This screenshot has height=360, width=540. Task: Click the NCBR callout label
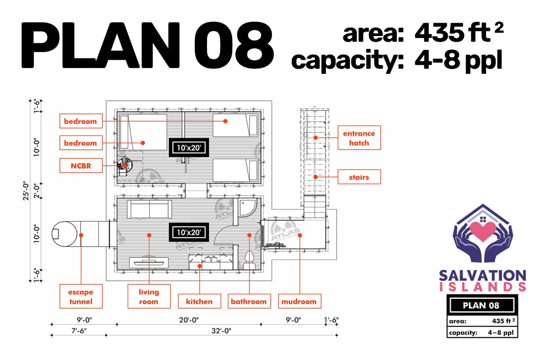coord(81,166)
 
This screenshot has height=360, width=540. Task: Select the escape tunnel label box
coord(81,297)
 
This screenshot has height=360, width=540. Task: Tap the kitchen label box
coord(200,301)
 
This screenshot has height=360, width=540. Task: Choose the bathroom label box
coord(249,301)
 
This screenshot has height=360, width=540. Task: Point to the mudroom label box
coord(300,301)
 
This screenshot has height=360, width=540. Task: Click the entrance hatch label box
coord(359,138)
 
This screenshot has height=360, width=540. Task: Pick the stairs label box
coord(359,177)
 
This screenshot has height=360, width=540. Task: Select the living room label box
coord(149,297)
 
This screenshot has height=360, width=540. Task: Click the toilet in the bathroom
coord(249,260)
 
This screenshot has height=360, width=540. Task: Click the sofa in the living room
coord(149,209)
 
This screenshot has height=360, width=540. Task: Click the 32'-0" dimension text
coord(221,331)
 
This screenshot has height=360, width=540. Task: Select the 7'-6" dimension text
coord(79,331)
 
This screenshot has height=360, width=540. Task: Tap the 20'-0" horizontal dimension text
coord(189,320)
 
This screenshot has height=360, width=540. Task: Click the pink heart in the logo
coord(483,231)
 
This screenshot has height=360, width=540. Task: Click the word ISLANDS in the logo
coord(483,287)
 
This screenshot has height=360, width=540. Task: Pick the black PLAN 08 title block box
coord(482,305)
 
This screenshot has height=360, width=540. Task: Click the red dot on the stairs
coord(315,177)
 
